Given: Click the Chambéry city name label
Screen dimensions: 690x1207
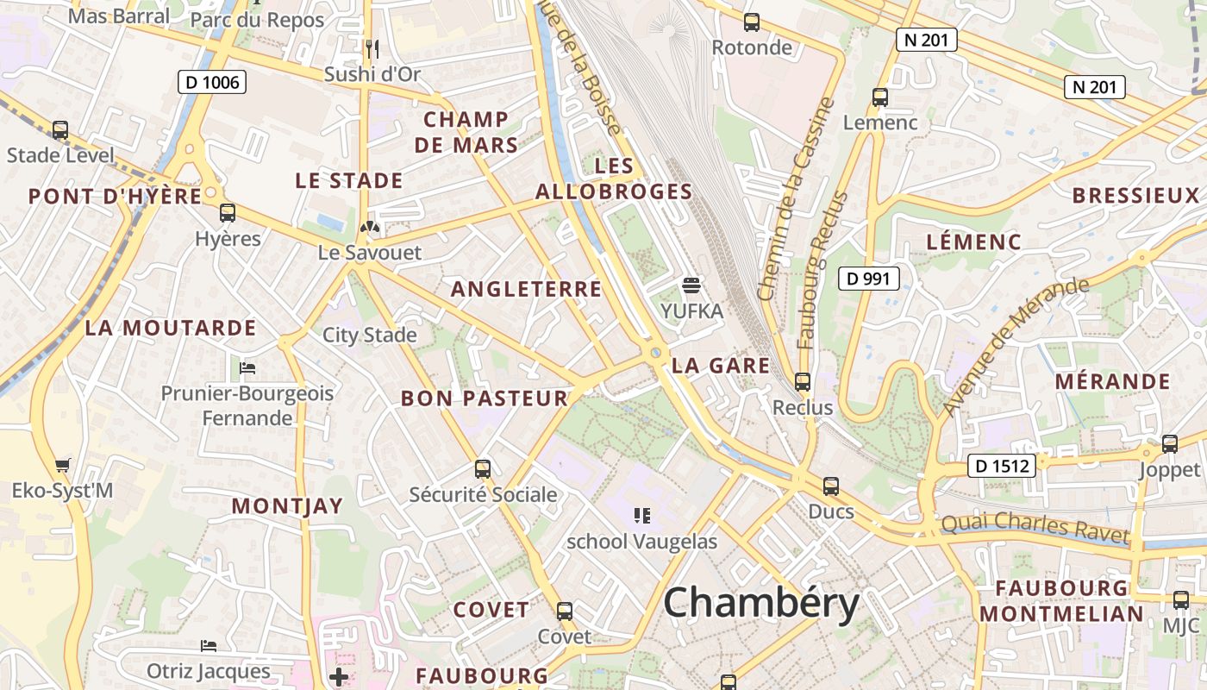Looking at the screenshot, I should [x=761, y=603].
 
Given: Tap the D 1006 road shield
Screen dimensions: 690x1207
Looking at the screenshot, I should [x=212, y=83].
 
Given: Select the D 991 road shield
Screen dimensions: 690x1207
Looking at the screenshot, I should [x=869, y=279].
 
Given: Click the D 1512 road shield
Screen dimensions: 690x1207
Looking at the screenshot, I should [x=999, y=467].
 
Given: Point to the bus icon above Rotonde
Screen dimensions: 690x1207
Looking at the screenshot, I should [x=752, y=22].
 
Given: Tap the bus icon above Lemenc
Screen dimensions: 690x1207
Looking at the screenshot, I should [x=880, y=97].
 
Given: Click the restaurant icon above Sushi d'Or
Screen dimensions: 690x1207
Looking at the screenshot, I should [x=372, y=49].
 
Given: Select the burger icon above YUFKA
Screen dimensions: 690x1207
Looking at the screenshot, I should [x=691, y=285].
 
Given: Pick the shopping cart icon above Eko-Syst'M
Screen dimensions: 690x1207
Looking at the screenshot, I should [x=62, y=466].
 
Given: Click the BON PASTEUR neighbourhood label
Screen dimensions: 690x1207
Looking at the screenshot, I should [x=485, y=398].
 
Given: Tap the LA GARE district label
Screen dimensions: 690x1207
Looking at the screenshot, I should [x=721, y=366].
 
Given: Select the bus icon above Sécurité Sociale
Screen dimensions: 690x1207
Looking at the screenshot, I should [x=483, y=469].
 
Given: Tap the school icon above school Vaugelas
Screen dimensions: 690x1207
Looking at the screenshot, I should [x=641, y=516].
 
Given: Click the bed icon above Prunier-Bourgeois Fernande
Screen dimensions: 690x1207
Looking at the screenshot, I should [x=247, y=368].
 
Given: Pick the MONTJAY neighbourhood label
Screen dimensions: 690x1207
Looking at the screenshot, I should [x=287, y=506].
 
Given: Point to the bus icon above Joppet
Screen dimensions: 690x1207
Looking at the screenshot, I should [x=1170, y=444].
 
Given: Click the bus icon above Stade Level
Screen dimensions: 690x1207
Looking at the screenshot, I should [x=60, y=130].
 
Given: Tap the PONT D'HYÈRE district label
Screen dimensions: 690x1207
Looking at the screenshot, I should [x=116, y=197].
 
